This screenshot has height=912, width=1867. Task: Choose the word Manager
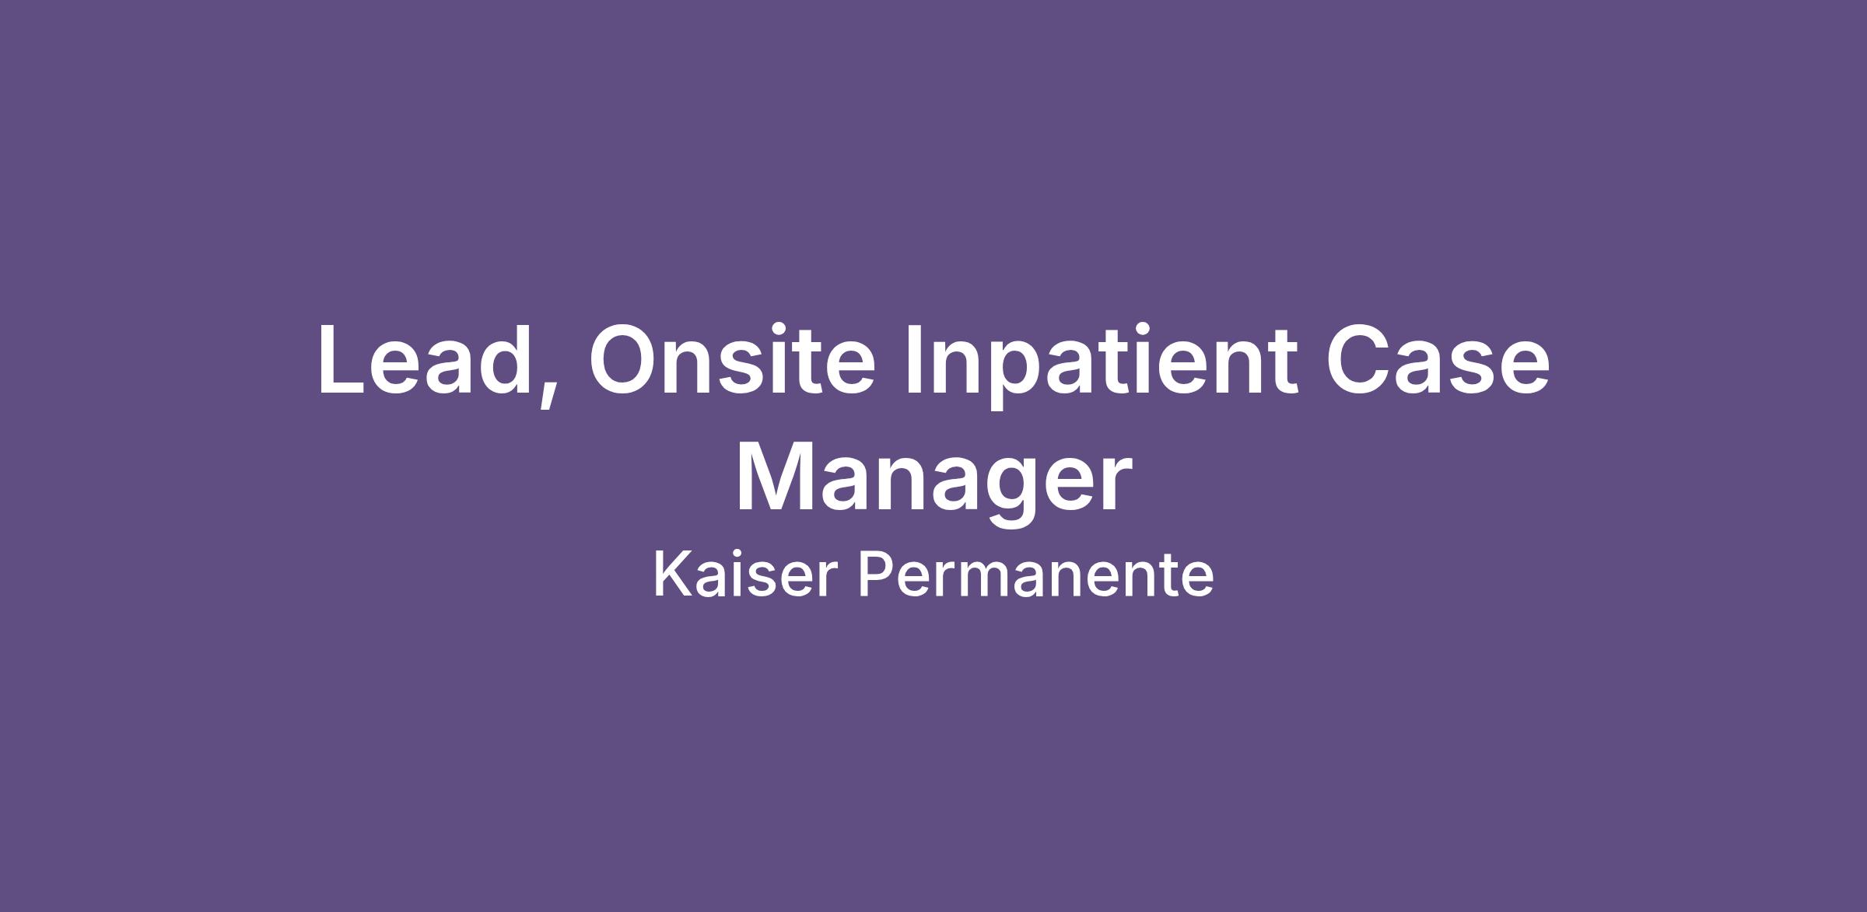pos(933,482)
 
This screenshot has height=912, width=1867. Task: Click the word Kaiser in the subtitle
pos(745,574)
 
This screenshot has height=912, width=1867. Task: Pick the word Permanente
pos(1035,574)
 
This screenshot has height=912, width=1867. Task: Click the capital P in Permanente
pos(876,574)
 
